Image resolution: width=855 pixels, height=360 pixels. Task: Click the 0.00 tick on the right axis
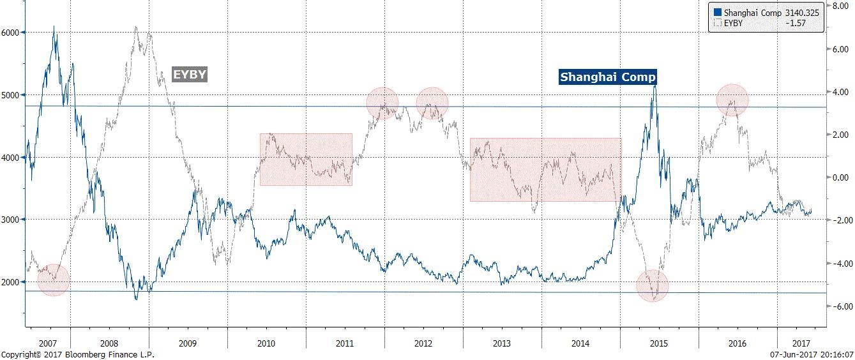tap(838, 177)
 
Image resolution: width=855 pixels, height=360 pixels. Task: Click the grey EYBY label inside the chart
tap(190, 75)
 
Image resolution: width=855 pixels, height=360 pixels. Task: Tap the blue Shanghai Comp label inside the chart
tap(607, 77)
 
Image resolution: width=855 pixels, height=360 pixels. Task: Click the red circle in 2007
tap(53, 280)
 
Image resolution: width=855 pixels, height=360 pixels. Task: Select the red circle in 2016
tap(732, 100)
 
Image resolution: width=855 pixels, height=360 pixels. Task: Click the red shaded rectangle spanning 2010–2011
tap(306, 160)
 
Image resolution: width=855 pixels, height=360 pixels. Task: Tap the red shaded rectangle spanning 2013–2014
tap(545, 170)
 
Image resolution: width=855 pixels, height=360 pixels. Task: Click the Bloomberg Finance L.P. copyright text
tap(77, 354)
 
